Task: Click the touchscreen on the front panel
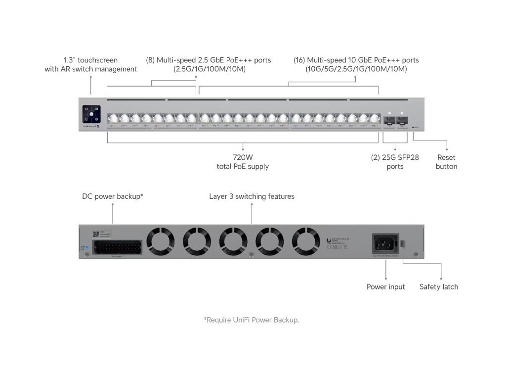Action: [x=91, y=114]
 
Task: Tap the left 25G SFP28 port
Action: [x=389, y=119]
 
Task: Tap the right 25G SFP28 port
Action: [x=401, y=119]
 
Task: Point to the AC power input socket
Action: [x=385, y=244]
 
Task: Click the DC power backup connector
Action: [x=117, y=247]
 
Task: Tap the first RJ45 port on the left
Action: [x=112, y=119]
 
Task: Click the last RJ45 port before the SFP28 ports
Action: [x=374, y=119]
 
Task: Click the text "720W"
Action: [x=243, y=158]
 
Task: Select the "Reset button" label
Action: [x=446, y=162]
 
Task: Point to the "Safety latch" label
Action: [x=438, y=287]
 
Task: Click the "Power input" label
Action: [x=385, y=287]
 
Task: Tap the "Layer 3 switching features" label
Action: [x=252, y=196]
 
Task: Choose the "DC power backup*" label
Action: [x=113, y=196]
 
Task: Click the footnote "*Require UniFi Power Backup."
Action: [x=252, y=320]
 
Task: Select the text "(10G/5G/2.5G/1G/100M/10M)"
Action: [x=356, y=69]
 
